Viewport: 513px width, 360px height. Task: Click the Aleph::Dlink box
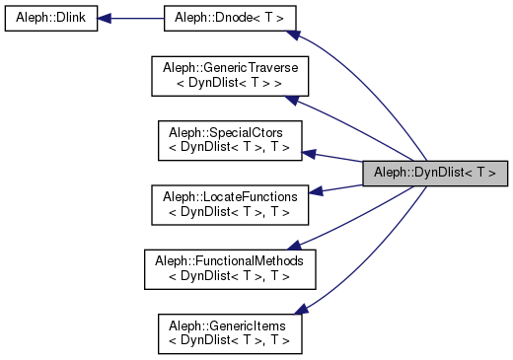[x=51, y=19]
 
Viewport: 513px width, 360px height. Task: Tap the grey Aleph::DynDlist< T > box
[x=435, y=172]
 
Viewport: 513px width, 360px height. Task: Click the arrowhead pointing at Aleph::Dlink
[x=105, y=19]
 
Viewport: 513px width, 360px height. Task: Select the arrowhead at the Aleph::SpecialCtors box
[x=309, y=154]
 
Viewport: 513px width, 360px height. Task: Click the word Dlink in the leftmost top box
[x=70, y=19]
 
